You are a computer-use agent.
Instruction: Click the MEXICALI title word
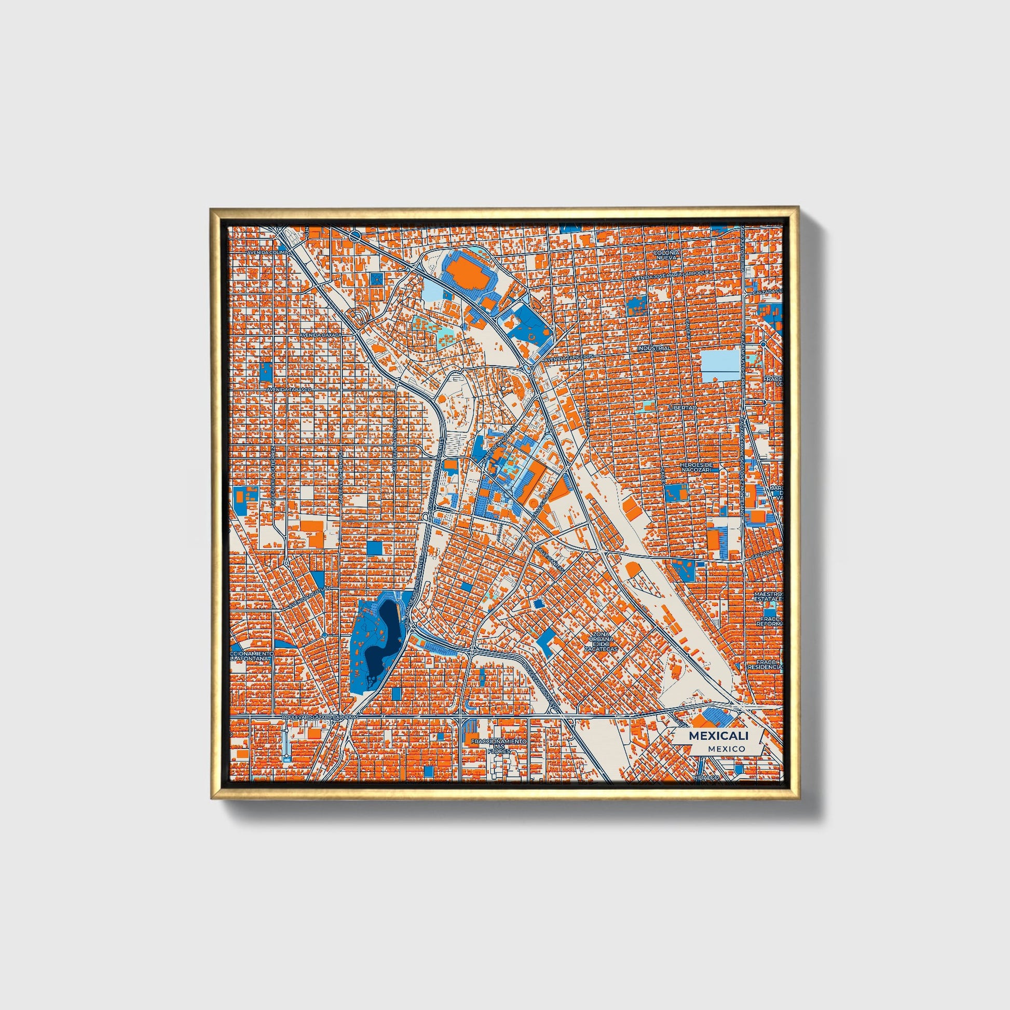tap(718, 735)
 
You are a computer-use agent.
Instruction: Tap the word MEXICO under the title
tap(726, 748)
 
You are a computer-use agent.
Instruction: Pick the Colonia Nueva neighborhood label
tap(665, 255)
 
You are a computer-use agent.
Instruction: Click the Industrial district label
tap(653, 348)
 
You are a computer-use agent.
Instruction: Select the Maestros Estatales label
tap(768, 597)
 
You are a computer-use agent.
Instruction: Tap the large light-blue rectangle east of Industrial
tap(720, 365)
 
